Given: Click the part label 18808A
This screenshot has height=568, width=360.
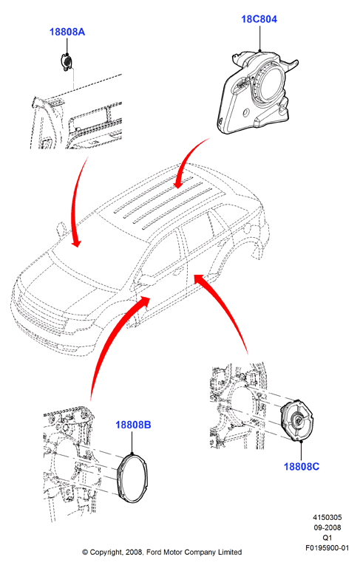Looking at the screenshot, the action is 67,32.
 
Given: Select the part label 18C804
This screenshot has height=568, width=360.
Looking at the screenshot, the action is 259,19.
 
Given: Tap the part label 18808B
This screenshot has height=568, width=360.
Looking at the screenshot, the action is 133,425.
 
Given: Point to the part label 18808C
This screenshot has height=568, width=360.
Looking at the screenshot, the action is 302,466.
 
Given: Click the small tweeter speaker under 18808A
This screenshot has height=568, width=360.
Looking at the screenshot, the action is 66,62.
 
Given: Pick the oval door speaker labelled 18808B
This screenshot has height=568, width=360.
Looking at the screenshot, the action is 132,478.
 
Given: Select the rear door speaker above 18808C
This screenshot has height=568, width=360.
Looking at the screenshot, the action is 298,420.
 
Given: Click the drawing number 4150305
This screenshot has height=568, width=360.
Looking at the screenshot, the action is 327,517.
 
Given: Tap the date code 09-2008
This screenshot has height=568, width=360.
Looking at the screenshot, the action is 327,527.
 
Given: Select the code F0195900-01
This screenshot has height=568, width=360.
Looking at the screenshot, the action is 327,548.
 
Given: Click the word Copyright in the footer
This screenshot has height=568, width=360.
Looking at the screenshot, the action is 106,552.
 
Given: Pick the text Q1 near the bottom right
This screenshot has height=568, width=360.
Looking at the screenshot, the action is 327,538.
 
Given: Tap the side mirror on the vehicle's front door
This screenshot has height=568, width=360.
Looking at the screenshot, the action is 148,280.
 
